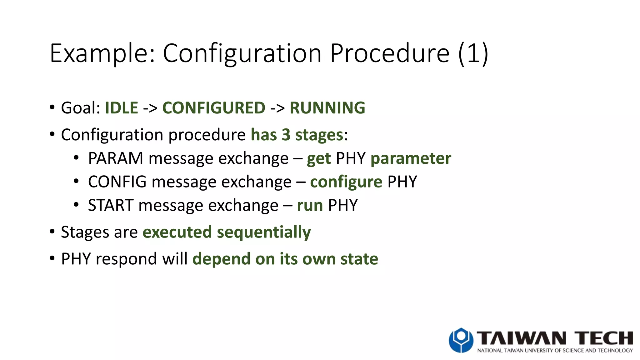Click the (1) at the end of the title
point(473,54)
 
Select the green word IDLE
point(122,108)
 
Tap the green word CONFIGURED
point(214,108)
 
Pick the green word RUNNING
point(327,108)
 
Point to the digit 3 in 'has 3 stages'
point(286,135)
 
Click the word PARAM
point(116,158)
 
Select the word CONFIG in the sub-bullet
point(117,182)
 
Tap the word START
point(111,206)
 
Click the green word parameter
point(411,158)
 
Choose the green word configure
point(346,182)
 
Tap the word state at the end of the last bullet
point(359,259)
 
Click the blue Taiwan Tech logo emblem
point(461,340)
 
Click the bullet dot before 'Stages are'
point(52,232)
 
